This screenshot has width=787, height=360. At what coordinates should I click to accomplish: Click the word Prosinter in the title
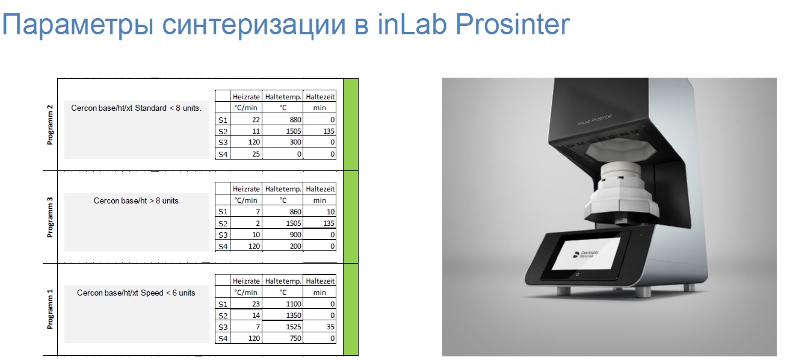tap(512, 24)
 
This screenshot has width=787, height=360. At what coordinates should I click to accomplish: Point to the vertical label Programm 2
tap(50, 125)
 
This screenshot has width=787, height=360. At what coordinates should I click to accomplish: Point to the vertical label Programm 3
tap(50, 217)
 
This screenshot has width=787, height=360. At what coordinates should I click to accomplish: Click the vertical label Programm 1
tap(50, 309)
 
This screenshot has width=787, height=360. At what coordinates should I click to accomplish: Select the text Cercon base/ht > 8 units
tap(136, 200)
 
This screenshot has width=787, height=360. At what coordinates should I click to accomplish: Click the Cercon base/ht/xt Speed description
tap(136, 293)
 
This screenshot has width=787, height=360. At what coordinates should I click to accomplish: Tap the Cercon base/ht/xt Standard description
tap(137, 108)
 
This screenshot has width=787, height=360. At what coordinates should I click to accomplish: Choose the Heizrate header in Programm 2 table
tap(246, 97)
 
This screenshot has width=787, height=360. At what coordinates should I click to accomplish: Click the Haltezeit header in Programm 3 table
tap(320, 189)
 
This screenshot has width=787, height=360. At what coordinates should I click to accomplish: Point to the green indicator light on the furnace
tap(641, 235)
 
